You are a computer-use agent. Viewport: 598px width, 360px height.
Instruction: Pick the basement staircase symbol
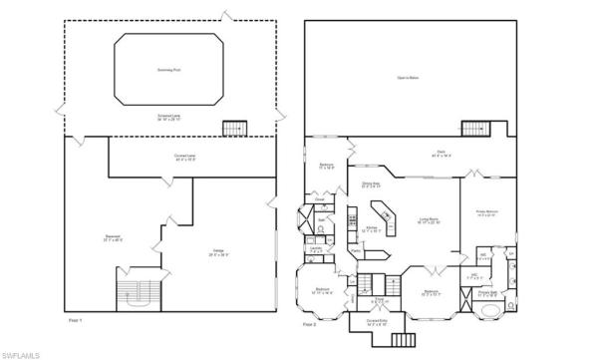pos(138,290)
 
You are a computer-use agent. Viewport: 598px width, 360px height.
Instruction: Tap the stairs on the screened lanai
pos(233,129)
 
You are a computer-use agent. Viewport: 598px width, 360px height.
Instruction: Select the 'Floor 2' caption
pos(308,324)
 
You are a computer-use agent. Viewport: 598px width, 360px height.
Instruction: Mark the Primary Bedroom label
pos(486,213)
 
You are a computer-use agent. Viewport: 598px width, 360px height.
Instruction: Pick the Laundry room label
pos(317,250)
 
